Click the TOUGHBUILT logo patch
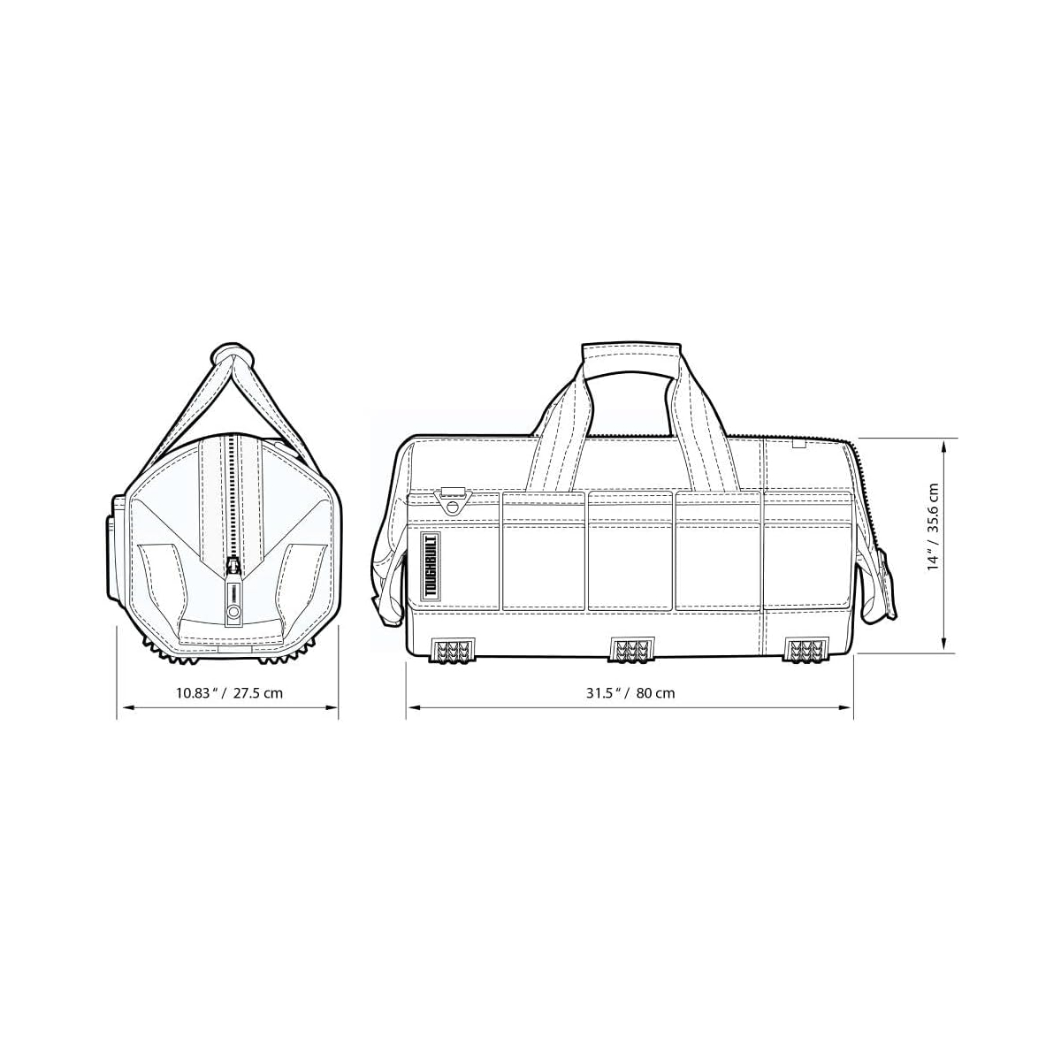tap(430, 568)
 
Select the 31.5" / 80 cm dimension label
tap(630, 692)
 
